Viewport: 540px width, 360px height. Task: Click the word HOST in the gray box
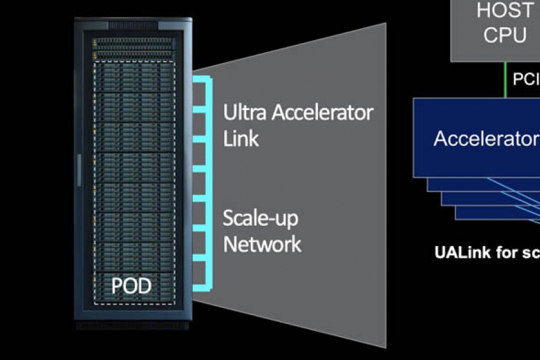505,11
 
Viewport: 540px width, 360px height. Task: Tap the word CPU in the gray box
505,35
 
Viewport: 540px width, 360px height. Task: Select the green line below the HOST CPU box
505,79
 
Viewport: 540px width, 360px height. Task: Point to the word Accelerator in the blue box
486,139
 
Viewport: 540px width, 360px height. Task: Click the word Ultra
245,113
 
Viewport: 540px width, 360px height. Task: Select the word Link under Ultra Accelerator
241,138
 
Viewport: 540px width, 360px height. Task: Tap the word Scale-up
261,219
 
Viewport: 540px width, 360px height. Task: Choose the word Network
263,244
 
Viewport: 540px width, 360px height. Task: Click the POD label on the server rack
131,286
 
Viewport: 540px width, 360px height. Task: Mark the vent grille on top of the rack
133,25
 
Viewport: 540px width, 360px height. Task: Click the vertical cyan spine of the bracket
211,182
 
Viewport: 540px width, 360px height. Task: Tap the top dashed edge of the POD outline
134,62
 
